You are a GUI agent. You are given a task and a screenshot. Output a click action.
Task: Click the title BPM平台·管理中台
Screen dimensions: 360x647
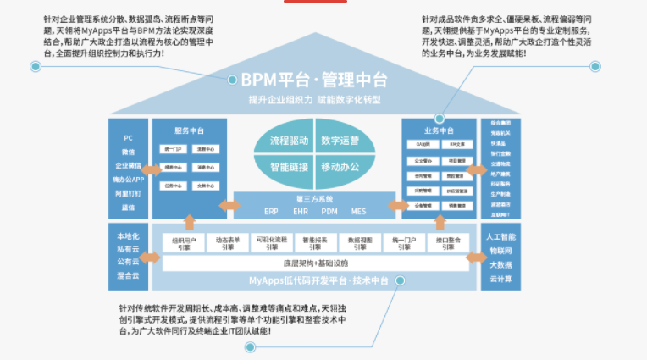314,80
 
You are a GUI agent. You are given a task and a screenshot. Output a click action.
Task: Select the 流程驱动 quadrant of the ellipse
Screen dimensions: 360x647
289,141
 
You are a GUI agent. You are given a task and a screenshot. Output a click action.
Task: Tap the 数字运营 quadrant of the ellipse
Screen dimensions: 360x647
340,141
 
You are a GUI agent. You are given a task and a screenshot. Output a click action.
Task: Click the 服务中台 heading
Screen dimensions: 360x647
188,130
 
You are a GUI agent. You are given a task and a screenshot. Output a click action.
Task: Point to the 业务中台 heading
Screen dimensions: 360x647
439,130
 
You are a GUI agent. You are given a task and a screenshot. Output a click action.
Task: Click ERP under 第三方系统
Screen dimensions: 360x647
270,210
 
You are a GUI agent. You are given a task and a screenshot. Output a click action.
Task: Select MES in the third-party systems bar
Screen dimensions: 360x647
358,210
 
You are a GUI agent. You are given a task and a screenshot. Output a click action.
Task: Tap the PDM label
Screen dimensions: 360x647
329,210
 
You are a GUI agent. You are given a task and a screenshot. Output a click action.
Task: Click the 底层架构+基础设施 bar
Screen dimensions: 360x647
315,263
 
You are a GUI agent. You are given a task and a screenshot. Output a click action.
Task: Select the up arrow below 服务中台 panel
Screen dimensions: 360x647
188,222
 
